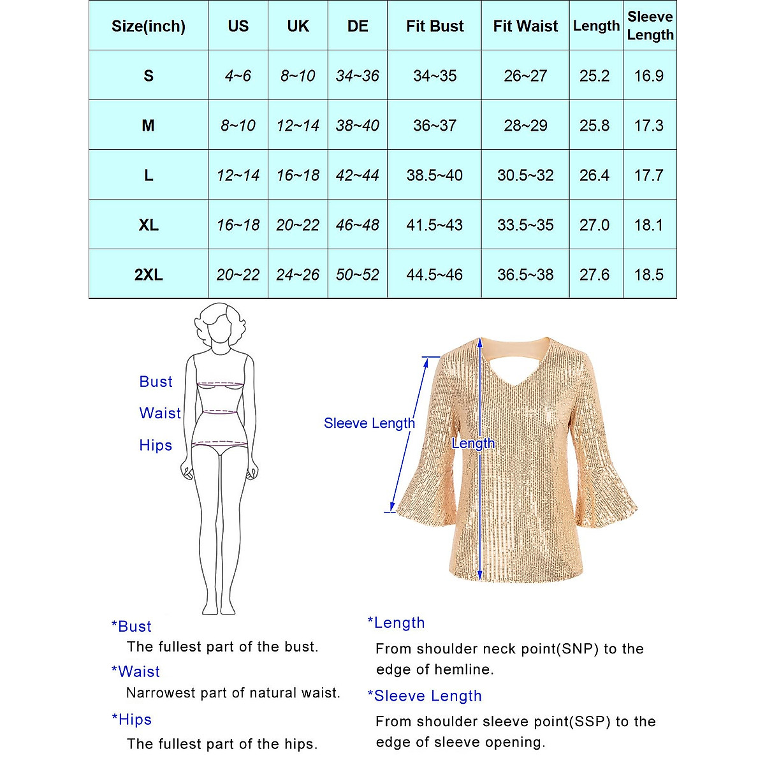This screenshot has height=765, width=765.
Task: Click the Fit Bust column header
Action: pyautogui.click(x=435, y=26)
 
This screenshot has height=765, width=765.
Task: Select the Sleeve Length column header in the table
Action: pyautogui.click(x=650, y=26)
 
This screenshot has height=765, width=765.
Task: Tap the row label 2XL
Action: pyautogui.click(x=149, y=275)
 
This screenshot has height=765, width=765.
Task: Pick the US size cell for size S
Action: pyautogui.click(x=238, y=76)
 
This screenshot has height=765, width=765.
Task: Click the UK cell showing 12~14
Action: pyautogui.click(x=298, y=126)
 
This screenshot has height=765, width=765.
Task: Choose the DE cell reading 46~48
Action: pyautogui.click(x=358, y=225)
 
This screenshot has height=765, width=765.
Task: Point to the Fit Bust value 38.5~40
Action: pyautogui.click(x=435, y=175)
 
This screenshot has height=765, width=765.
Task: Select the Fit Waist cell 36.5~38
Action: pyautogui.click(x=525, y=275)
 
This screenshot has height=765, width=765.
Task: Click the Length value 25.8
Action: pyautogui.click(x=594, y=126)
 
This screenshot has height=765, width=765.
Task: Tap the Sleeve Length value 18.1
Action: pyautogui.click(x=649, y=225)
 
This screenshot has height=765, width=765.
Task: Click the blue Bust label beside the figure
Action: pyautogui.click(x=156, y=382)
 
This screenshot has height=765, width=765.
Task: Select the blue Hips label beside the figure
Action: pyautogui.click(x=156, y=445)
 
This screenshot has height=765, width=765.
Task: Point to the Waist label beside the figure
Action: pyautogui.click(x=160, y=413)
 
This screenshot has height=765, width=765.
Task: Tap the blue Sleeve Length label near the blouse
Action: pyautogui.click(x=369, y=423)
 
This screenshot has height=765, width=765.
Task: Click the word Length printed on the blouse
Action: pyautogui.click(x=473, y=444)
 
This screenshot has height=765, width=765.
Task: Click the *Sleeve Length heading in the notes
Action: pyautogui.click(x=425, y=696)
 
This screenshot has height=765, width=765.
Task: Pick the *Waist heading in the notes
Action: pyautogui.click(x=136, y=671)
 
